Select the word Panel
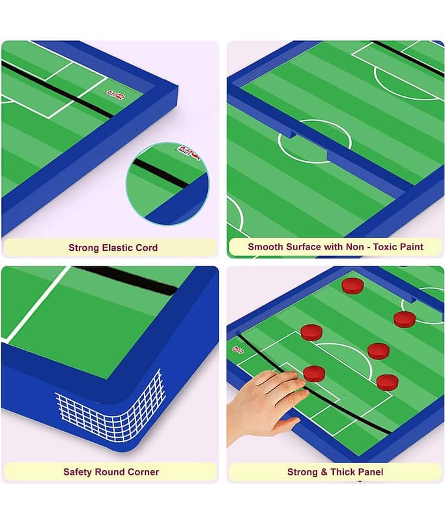coord(371,472)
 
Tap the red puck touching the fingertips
coord(314,373)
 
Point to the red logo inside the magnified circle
coord(188,152)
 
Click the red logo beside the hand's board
coord(237,349)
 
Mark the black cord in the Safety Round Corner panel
coord(126,280)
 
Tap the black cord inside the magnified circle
coord(160,173)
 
